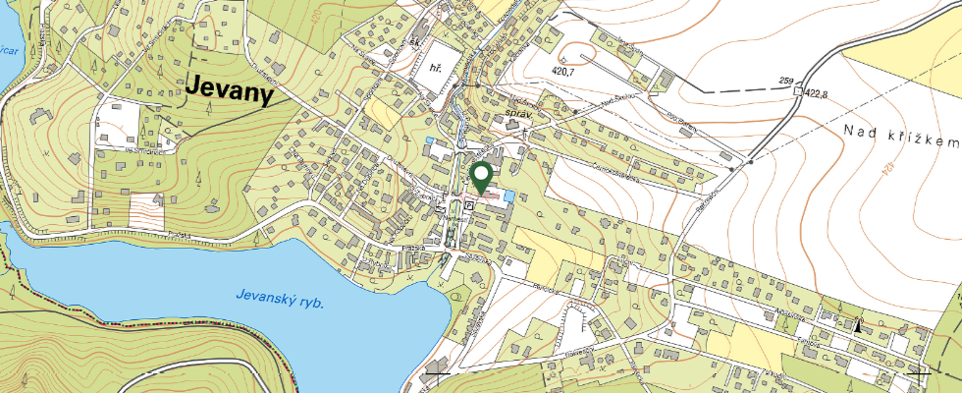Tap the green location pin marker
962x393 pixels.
click(x=482, y=178)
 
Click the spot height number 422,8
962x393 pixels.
click(x=823, y=93)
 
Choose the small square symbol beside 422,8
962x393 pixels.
click(x=797, y=91)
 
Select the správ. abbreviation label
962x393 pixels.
click(x=516, y=115)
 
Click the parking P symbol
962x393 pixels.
click(x=470, y=205)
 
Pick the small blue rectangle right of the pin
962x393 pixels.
click(x=508, y=198)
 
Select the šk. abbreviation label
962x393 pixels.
click(x=415, y=44)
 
